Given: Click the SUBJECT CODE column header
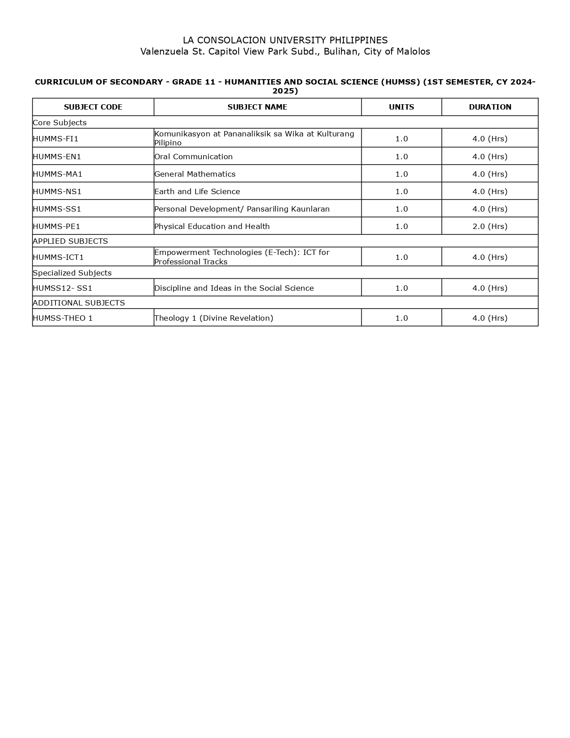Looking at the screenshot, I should (x=93, y=107).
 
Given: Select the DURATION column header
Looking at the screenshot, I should (x=490, y=107).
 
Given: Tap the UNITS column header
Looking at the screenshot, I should (x=401, y=107).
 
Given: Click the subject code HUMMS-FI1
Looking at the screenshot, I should (x=55, y=139).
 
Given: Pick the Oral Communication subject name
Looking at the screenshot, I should (x=194, y=157).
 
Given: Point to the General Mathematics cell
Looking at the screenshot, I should (x=195, y=174).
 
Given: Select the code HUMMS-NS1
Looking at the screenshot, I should (x=57, y=191).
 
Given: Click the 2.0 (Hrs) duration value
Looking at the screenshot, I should (x=490, y=226).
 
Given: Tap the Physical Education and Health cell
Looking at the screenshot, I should (x=212, y=226).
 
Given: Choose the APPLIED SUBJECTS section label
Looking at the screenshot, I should (x=70, y=241).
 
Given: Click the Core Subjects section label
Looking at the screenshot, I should (x=59, y=123).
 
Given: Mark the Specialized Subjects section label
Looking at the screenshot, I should (x=72, y=273).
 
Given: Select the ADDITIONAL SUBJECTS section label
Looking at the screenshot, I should (x=79, y=303).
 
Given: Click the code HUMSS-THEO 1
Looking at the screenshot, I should (x=63, y=318).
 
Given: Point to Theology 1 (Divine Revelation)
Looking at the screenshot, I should (x=214, y=318).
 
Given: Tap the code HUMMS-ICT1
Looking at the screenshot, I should (x=58, y=257).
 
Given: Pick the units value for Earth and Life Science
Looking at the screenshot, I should (x=401, y=191).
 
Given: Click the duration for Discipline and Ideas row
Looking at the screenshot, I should (x=490, y=288).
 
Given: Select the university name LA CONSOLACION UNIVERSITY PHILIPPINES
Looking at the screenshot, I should (x=285, y=40).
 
